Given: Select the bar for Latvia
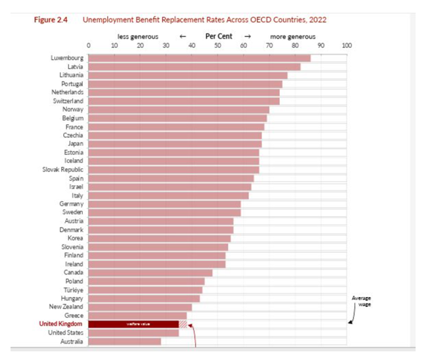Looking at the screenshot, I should (194, 66).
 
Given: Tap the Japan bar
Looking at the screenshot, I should (175, 143).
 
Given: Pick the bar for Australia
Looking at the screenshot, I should (124, 341).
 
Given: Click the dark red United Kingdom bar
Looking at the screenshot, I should (133, 324).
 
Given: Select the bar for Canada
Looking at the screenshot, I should (150, 272).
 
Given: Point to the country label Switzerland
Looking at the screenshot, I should (68, 101).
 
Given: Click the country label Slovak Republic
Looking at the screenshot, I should (62, 169).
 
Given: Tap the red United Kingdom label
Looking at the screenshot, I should (60, 324).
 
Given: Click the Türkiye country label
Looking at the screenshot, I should (72, 289).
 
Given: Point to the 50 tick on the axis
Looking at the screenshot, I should (217, 45).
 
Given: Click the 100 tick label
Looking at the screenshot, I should (347, 45).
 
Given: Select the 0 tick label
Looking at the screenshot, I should (89, 45).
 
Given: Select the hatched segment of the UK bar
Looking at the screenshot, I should (183, 324).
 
